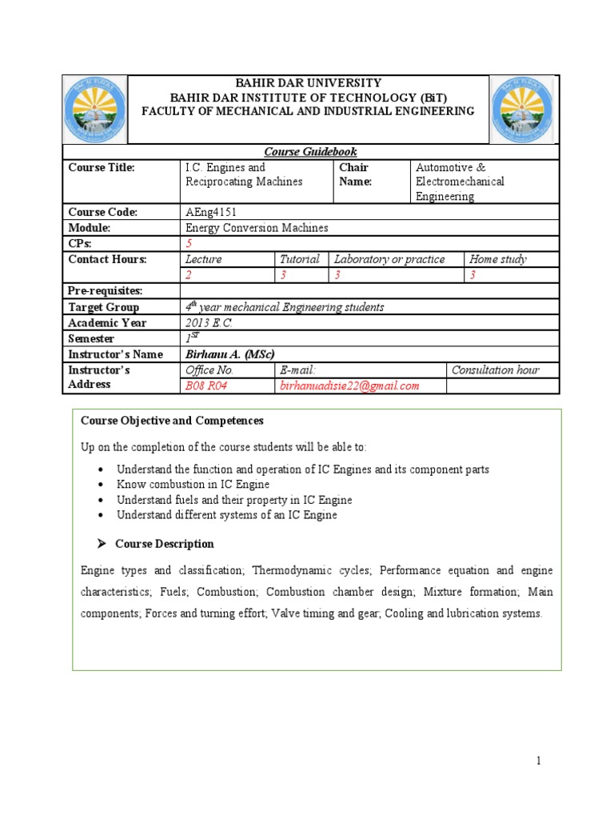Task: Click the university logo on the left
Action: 95,110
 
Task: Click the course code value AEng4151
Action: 211,212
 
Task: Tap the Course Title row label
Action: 102,168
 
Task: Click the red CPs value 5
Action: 189,244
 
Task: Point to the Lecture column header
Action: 203,259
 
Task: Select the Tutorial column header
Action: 300,259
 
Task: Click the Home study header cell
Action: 498,259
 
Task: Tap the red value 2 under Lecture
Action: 189,275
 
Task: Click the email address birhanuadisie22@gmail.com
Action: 349,386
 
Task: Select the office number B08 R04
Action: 206,386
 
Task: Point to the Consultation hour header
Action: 495,370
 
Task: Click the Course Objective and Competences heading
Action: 172,421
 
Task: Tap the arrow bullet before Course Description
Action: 102,544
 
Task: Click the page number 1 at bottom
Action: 540,761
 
